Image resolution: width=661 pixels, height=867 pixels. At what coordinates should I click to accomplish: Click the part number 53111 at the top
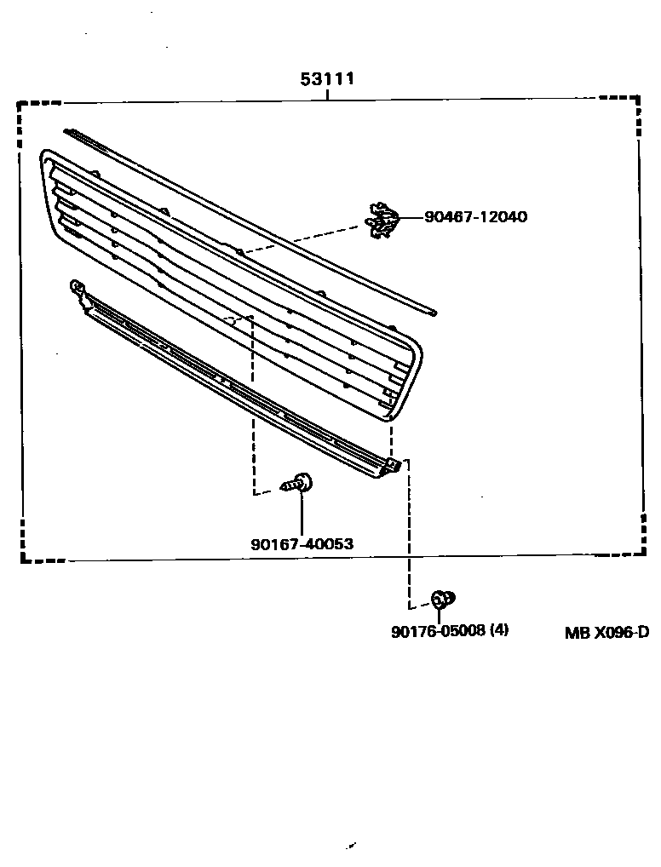pos(327,79)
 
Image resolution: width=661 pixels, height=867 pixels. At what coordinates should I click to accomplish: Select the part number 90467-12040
pos(475,217)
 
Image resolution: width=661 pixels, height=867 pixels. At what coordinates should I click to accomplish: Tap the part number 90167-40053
pos(302,543)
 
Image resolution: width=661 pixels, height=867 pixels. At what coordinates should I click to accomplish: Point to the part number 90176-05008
pos(438,631)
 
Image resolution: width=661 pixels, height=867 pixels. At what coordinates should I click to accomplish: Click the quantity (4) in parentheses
pos(500,631)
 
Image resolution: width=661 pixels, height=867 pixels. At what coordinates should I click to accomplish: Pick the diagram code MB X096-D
pos(606,632)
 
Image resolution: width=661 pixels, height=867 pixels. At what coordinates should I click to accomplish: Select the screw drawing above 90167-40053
pos(297,484)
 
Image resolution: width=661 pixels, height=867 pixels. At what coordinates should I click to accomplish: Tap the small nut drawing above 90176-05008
pos(441,600)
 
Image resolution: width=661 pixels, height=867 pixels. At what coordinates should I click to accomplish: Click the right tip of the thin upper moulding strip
pos(434,313)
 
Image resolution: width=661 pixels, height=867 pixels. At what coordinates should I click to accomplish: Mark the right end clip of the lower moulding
pos(393,466)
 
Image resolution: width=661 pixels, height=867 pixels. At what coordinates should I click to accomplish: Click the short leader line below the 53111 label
pos(328,95)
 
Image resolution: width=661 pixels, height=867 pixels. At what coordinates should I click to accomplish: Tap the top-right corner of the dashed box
pos(639,98)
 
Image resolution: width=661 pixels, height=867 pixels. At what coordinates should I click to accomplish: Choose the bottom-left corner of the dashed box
pos(22,560)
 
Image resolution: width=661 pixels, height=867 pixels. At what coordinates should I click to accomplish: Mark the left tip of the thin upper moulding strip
pos(66,131)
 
